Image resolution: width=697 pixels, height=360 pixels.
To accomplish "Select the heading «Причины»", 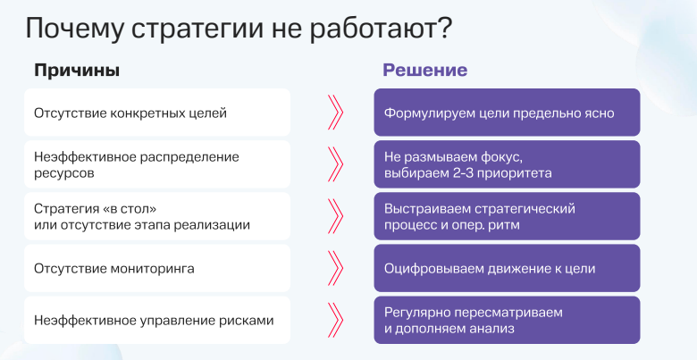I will tap(76, 71).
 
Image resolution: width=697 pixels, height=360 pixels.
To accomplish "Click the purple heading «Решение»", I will tap(425, 71).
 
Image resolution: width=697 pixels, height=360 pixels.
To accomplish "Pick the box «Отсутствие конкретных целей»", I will tap(156, 113).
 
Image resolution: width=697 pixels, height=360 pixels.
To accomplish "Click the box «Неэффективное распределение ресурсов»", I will tap(156, 164).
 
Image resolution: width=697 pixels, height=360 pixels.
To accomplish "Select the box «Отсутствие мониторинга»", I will tap(156, 268).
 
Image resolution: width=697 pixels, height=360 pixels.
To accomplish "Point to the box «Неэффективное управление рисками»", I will tap(156, 320).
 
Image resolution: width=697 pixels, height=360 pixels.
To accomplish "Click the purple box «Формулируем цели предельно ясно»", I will tap(506, 113).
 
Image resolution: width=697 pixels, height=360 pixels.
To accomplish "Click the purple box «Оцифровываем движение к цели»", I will tap(506, 268).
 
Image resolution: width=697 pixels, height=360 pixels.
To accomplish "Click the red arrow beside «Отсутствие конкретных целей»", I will tap(335, 113).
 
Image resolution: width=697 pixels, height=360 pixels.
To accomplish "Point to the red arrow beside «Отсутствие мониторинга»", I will tap(335, 268).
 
